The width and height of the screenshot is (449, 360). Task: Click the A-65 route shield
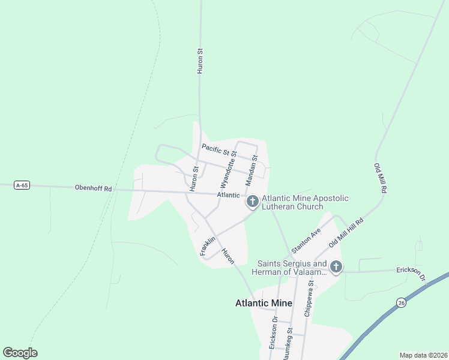[22, 185]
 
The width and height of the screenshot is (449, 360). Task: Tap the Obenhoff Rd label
[93, 188]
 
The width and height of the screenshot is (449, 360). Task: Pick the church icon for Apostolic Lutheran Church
[253, 202]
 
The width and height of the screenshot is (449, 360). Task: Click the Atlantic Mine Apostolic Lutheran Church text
[305, 203]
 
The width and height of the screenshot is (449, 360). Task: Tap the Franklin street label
[208, 245]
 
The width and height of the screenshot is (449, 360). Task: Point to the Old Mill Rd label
[379, 178]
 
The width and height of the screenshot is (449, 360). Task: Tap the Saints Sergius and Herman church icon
[336, 267]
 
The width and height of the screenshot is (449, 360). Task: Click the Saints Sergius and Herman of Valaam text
[292, 268]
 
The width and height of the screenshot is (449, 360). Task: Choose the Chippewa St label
[310, 298]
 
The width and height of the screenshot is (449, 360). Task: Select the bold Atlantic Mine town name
[264, 303]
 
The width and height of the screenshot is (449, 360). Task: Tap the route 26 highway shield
[400, 303]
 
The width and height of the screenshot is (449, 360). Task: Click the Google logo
[20, 353]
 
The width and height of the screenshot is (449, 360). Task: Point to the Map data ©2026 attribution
[423, 355]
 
